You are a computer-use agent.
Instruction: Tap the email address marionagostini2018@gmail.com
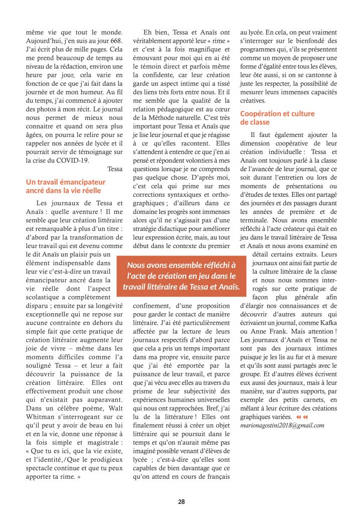[282, 425]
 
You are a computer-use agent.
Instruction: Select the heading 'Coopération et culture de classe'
[277, 118]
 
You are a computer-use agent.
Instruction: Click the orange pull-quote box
[181, 275]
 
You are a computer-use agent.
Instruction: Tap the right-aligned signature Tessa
[115, 169]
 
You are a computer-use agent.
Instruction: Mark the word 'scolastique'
[46, 297]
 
